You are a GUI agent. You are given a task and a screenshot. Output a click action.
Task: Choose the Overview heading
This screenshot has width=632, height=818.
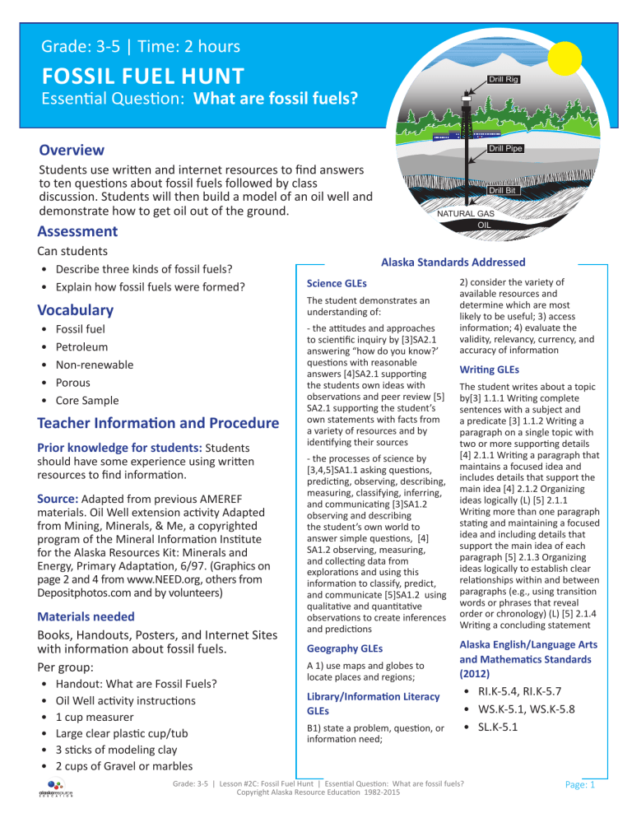coord(72,150)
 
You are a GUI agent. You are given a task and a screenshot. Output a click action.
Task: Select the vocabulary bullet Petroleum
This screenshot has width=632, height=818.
coord(84,346)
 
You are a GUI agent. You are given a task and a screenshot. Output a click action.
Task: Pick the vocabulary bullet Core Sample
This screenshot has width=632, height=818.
coord(91,400)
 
